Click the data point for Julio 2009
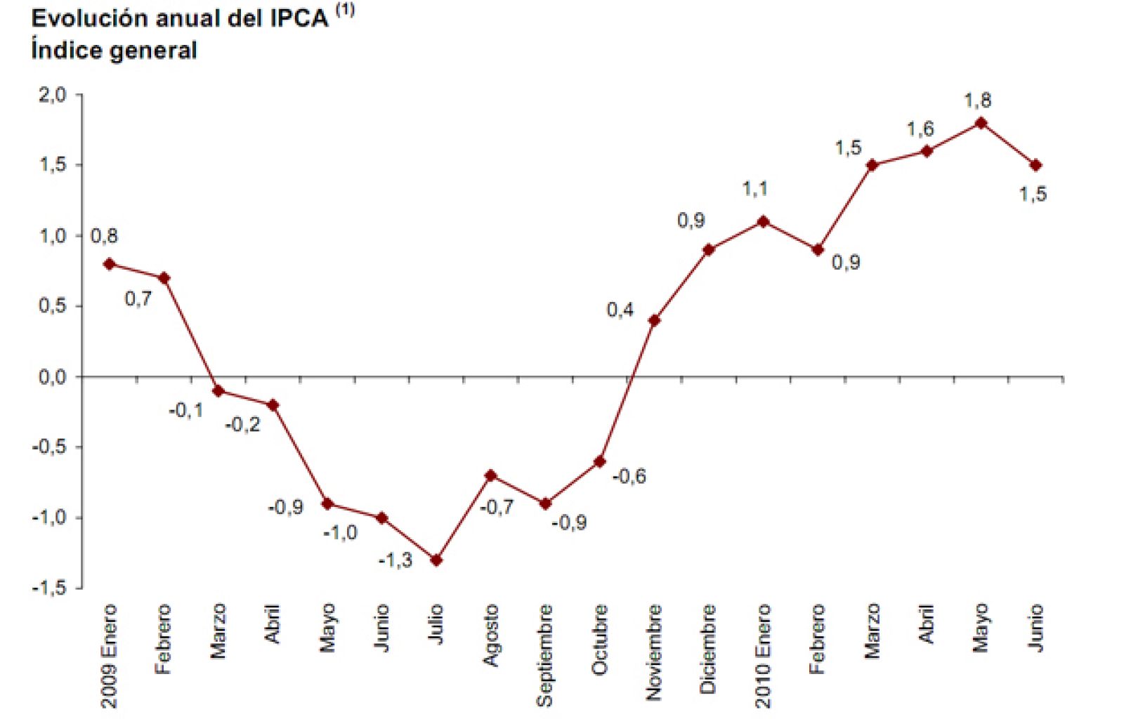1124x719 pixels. pyautogui.click(x=436, y=560)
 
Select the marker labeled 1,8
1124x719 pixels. pyautogui.click(x=981, y=124)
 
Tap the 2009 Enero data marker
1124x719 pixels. pyautogui.click(x=109, y=264)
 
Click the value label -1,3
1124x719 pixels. pyautogui.click(x=396, y=560)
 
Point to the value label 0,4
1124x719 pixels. pyautogui.click(x=620, y=310)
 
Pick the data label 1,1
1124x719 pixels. pyautogui.click(x=755, y=189)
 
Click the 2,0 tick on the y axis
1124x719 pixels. pyautogui.click(x=52, y=95)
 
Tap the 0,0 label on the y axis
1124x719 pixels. pyautogui.click(x=52, y=377)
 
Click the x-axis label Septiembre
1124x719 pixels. pyautogui.click(x=544, y=655)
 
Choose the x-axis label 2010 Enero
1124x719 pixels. pyautogui.click(x=763, y=655)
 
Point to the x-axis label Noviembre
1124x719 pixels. pyautogui.click(x=654, y=652)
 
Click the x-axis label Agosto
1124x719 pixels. pyautogui.click(x=490, y=635)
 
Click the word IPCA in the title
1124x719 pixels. pyautogui.click(x=299, y=19)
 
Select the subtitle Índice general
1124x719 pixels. pyautogui.click(x=114, y=51)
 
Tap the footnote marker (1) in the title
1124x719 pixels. pyautogui.click(x=344, y=10)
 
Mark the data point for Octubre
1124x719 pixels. pyautogui.click(x=599, y=461)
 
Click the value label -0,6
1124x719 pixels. pyautogui.click(x=629, y=477)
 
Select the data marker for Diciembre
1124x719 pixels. pyautogui.click(x=708, y=250)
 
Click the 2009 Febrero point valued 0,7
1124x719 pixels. pyautogui.click(x=164, y=278)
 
